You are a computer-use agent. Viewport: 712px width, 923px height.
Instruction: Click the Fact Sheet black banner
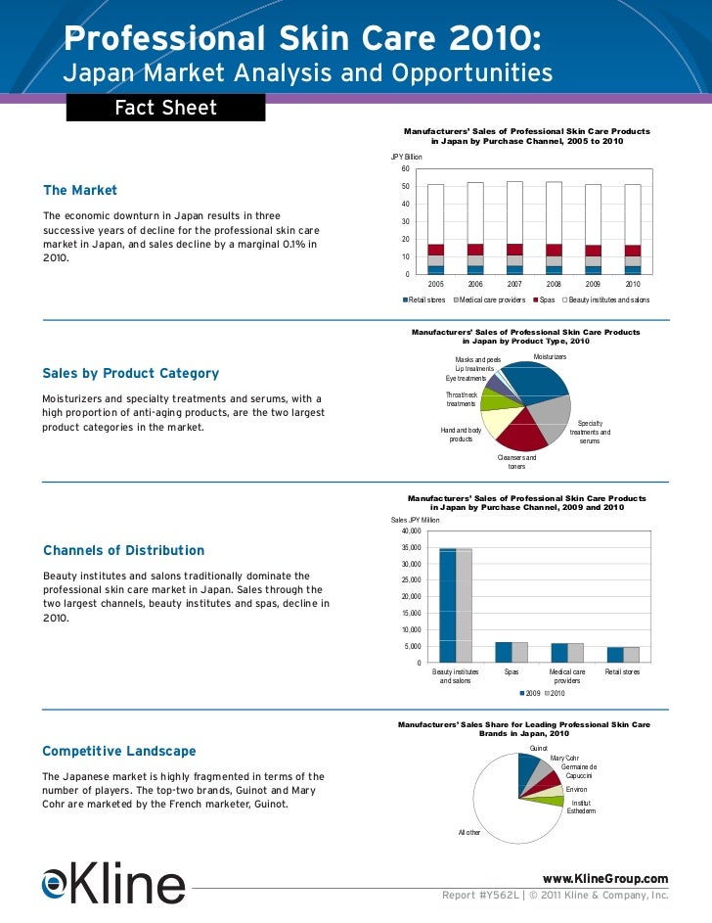(165, 108)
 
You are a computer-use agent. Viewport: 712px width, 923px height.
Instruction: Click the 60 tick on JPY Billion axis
(405, 168)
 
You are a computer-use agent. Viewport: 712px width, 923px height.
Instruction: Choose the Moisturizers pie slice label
(550, 357)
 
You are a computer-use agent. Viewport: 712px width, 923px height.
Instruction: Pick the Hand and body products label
(461, 435)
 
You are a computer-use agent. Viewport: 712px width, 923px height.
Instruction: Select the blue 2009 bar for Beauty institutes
(448, 605)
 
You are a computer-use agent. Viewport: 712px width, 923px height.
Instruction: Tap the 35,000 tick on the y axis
(410, 548)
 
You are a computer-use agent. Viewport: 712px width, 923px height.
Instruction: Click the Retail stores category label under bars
(623, 672)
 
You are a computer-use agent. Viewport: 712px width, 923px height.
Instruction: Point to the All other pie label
(469, 832)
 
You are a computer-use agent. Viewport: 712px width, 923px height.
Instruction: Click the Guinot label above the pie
(539, 748)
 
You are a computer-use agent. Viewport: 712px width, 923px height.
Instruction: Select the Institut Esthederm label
(581, 806)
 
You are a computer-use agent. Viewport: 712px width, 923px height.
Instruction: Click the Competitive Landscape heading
(119, 752)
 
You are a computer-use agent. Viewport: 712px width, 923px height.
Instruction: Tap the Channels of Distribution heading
(124, 551)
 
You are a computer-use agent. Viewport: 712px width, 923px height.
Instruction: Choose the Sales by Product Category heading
(131, 373)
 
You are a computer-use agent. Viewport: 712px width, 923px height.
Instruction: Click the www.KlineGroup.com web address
(598, 878)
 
